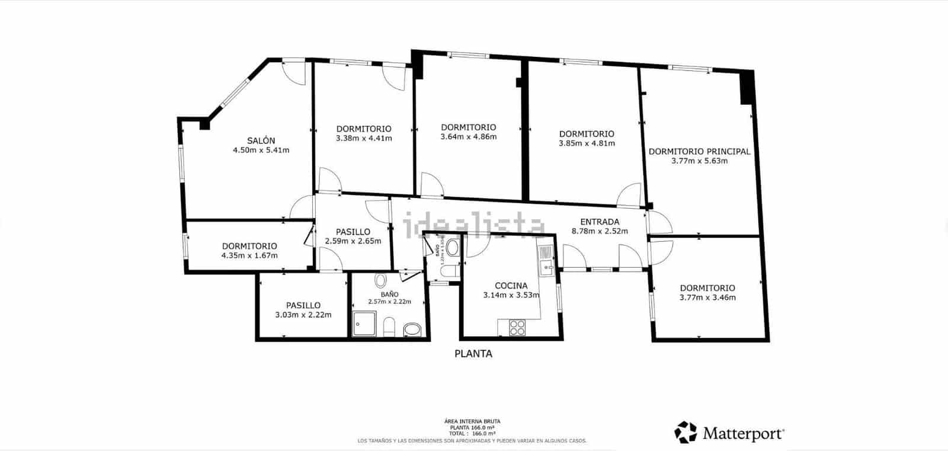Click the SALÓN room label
[261, 140]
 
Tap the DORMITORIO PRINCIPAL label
[699, 151]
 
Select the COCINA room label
[511, 286]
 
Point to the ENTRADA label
[600, 222]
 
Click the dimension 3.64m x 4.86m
[468, 137]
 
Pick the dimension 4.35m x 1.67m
[249, 255]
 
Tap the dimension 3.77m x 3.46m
[707, 298]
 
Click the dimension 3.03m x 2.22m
[303, 315]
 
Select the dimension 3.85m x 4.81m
[587, 143]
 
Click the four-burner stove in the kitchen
[517, 327]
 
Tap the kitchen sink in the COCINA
[545, 261]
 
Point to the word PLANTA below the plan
[473, 354]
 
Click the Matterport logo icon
[686, 432]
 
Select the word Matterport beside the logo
[744, 433]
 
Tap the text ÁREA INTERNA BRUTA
[472, 421]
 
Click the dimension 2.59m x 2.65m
[353, 241]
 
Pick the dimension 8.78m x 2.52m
[600, 231]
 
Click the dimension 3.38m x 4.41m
[364, 138]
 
